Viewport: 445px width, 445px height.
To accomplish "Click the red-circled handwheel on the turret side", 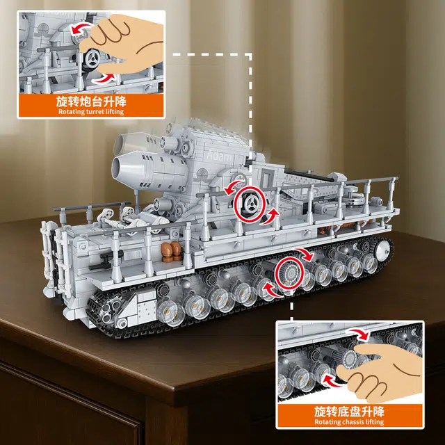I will (249, 203).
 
